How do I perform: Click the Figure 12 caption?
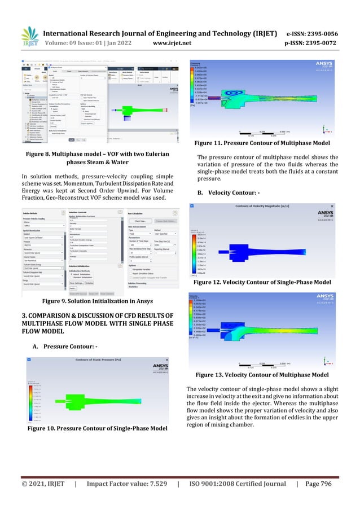(262, 282)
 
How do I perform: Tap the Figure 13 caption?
(262, 375)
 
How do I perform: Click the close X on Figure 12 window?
(331, 207)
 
